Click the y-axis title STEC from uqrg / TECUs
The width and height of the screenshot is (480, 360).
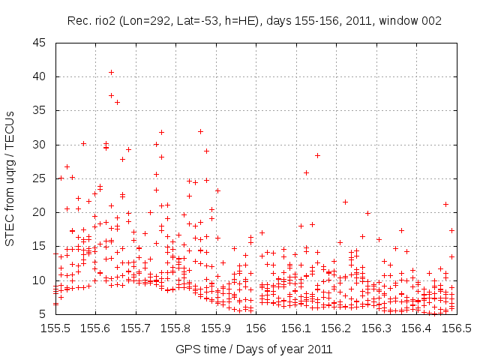(10, 178)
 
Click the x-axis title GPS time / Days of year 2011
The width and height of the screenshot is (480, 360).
(254, 349)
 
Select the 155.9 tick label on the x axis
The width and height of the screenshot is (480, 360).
(215, 328)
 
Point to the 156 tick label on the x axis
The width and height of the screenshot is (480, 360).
(256, 328)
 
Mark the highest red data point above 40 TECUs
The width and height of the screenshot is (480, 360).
(111, 72)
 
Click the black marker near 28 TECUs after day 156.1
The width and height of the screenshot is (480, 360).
(317, 155)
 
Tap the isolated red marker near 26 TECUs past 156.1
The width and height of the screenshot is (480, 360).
(306, 172)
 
